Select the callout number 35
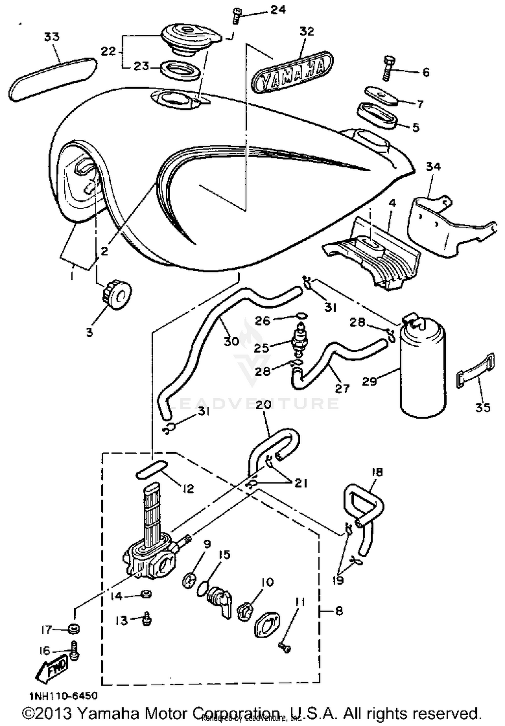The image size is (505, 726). point(482,408)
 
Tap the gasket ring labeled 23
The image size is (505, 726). point(180,69)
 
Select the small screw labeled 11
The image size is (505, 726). point(285,647)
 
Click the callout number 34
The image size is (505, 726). point(433,167)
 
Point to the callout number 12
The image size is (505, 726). point(189,488)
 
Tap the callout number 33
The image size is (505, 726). point(52,37)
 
